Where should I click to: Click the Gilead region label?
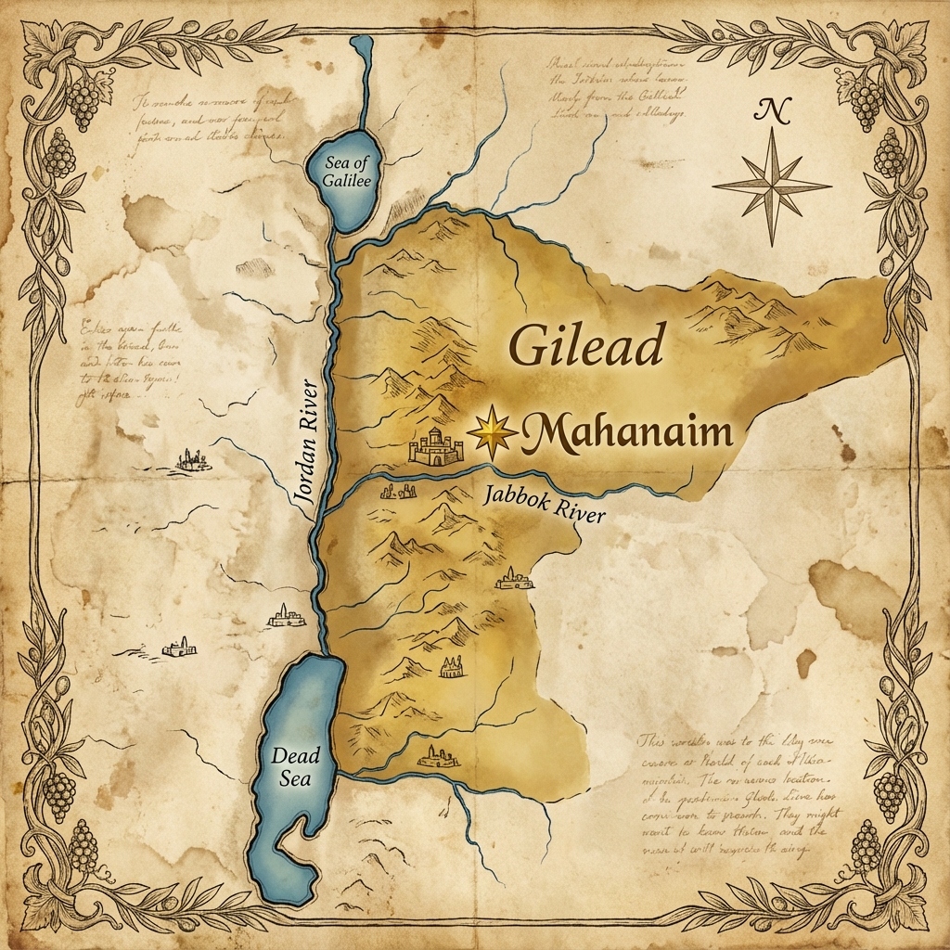[586, 347]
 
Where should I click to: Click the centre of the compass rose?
[772, 186]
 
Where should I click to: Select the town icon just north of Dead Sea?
[287, 615]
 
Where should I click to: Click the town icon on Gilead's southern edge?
[438, 757]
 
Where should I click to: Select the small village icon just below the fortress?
[392, 492]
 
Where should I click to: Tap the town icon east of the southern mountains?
[514, 579]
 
